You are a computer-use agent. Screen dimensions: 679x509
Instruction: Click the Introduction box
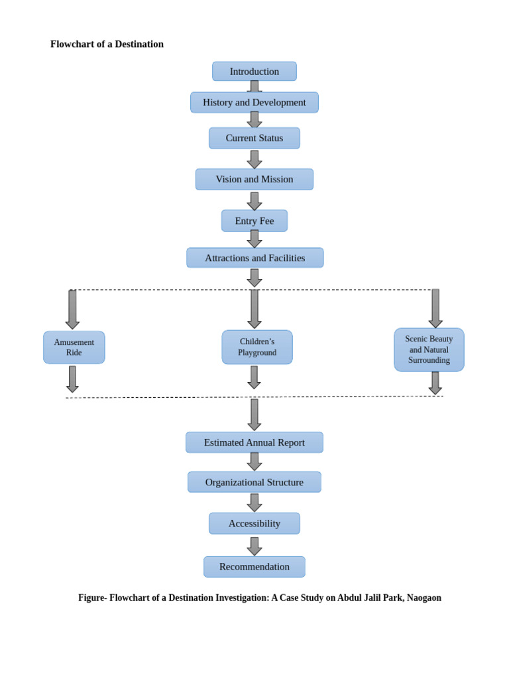254,72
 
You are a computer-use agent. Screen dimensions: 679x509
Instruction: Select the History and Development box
254,103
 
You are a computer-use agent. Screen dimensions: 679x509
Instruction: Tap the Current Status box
254,138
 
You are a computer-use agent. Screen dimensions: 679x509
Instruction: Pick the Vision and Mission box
254,179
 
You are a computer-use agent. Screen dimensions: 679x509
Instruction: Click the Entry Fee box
254,221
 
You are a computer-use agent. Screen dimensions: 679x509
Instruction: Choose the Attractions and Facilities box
255,258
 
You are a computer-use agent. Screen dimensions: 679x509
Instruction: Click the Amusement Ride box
74,347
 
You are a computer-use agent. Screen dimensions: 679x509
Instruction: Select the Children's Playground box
257,347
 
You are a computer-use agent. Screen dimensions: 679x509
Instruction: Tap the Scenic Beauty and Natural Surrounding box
429,349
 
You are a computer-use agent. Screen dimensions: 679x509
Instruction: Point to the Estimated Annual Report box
254,442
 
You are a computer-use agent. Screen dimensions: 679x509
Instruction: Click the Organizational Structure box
254,482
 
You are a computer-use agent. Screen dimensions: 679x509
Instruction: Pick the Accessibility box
254,523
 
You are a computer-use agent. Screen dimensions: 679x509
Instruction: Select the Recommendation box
254,567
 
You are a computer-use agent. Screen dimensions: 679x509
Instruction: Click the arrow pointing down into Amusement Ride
72,309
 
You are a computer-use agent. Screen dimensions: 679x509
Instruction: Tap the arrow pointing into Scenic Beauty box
435,308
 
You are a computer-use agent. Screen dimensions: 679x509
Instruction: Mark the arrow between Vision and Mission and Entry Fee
254,201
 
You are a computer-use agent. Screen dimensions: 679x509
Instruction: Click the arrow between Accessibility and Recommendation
254,546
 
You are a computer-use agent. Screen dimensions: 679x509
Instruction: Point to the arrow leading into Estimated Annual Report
254,414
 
